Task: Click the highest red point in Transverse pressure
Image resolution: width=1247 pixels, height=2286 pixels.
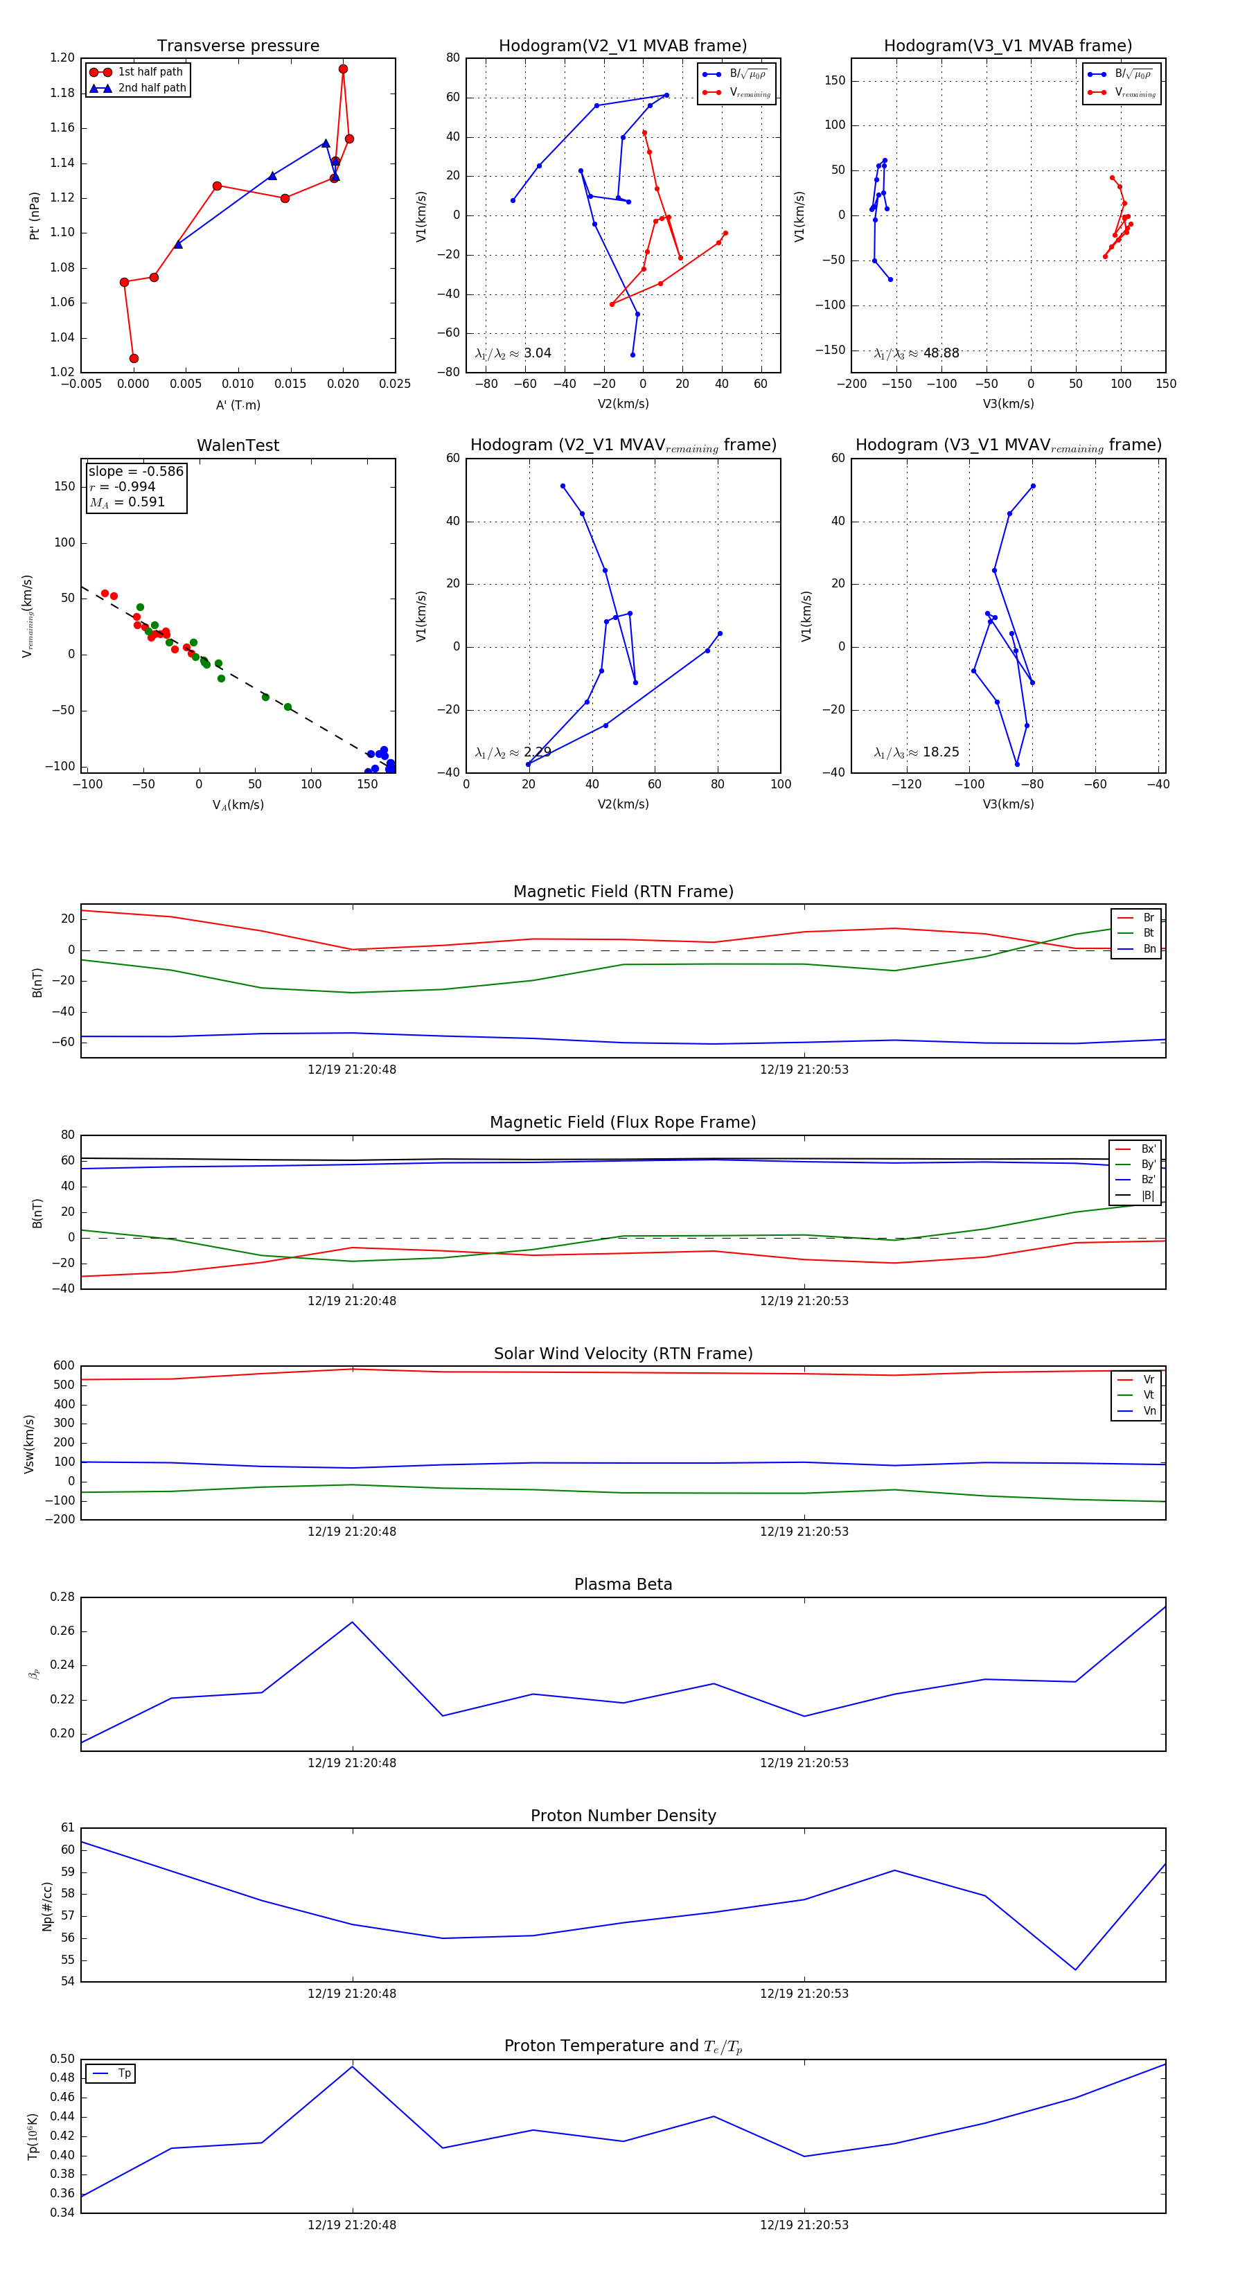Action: (x=343, y=69)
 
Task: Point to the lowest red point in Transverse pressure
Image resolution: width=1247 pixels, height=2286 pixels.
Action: (x=134, y=359)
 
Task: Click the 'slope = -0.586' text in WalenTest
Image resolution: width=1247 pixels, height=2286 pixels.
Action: (x=136, y=471)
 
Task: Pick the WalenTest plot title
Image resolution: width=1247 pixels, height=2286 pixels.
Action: (x=238, y=445)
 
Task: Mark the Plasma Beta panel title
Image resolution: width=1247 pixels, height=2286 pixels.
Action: (x=623, y=1585)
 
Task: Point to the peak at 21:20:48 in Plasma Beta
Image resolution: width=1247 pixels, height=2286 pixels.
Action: (x=353, y=1622)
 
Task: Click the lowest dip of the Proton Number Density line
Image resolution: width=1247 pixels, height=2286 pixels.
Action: (x=1076, y=1970)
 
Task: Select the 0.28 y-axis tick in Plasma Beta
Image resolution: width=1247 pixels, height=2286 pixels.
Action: (x=62, y=1597)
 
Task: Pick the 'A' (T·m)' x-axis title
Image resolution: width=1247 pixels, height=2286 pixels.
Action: (x=238, y=405)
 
